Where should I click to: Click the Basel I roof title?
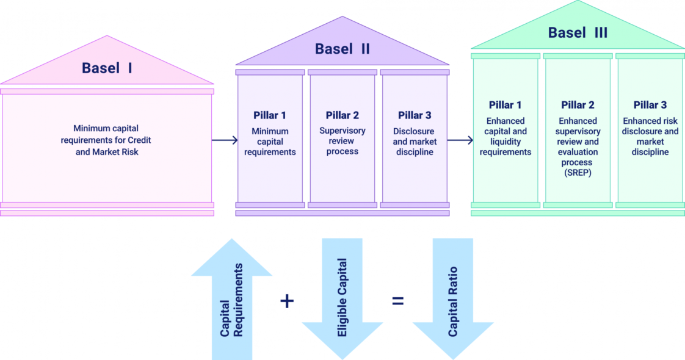coord(107,68)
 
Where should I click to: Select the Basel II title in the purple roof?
coord(342,49)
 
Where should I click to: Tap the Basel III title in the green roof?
coord(578,32)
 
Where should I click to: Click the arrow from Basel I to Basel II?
coord(224,140)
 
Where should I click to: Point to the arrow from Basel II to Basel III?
coord(459,140)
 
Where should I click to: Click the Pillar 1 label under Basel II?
coord(270,115)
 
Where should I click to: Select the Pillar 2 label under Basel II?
coord(342,115)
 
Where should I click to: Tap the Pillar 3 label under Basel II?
coord(415,115)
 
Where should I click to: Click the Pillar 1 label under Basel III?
coord(506,105)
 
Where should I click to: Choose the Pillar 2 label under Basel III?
coord(578,105)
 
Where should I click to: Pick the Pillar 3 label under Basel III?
coord(650,105)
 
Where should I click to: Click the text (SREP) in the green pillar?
coord(578,173)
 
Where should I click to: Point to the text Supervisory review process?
coord(342,141)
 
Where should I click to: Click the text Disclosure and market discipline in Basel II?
coord(415,142)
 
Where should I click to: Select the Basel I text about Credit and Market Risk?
coord(107,140)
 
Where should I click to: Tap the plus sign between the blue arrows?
coord(287,301)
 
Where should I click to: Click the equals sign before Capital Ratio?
coord(398,301)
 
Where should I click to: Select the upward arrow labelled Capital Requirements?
coord(232,299)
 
